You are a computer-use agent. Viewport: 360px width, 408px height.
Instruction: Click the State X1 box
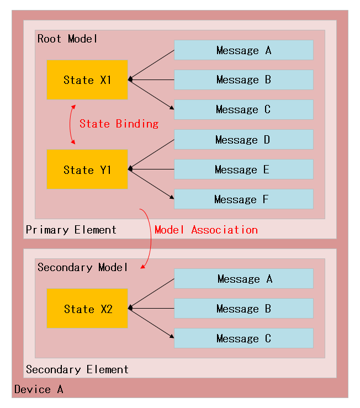87,80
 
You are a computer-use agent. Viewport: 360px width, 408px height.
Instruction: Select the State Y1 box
87,169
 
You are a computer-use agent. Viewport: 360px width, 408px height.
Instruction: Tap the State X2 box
87,309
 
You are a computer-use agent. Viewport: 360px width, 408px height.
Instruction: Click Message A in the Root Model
243,50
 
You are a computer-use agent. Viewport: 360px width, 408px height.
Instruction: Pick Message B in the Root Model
243,80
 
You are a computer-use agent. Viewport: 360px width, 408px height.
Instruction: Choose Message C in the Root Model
243,109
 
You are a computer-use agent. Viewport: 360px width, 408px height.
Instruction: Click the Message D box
243,140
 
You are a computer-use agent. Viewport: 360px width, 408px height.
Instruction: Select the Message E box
243,169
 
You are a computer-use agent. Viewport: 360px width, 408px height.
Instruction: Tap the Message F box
243,199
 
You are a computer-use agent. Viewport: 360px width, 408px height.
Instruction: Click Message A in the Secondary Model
243,279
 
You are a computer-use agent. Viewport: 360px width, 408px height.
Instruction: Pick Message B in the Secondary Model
243,309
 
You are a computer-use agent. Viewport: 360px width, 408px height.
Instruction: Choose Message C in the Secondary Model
243,338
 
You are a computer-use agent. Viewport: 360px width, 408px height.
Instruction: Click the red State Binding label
119,124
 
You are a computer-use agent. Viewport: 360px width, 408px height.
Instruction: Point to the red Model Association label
206,230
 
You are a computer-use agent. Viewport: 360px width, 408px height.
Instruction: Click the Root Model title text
67,39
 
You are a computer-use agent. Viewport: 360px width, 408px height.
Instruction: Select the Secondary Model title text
82,267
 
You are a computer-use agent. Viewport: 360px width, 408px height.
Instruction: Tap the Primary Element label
71,230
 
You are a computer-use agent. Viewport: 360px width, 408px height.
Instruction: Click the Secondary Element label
77,369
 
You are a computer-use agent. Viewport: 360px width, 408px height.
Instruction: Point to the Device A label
39,389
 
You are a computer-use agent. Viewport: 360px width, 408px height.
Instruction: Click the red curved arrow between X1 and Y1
71,124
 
